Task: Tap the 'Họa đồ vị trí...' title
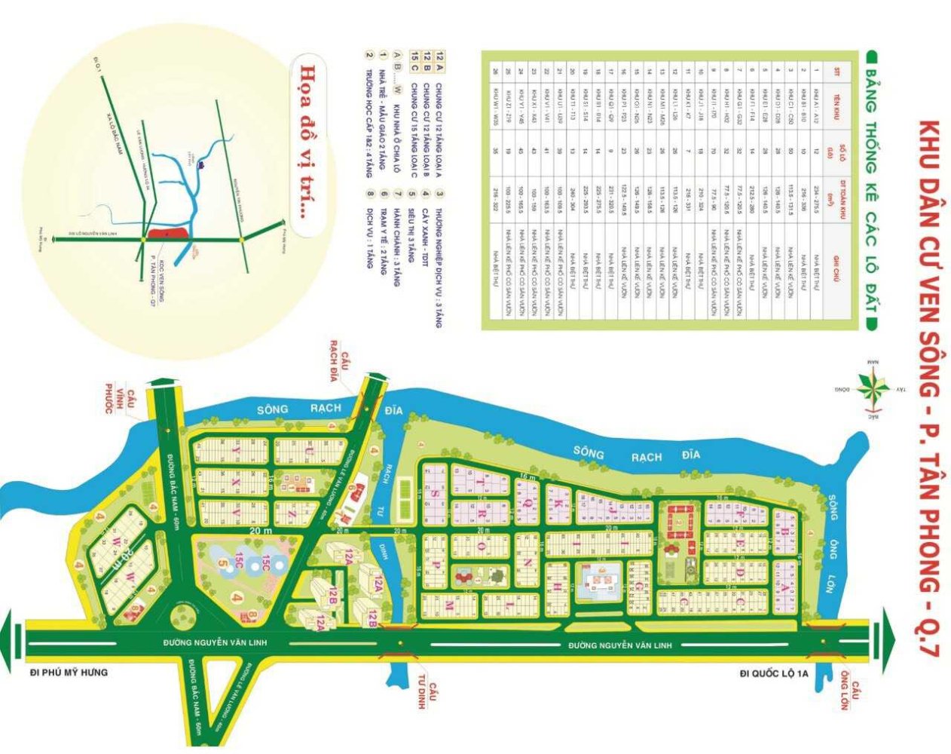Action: coord(307,140)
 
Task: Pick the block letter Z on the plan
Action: coord(290,512)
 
